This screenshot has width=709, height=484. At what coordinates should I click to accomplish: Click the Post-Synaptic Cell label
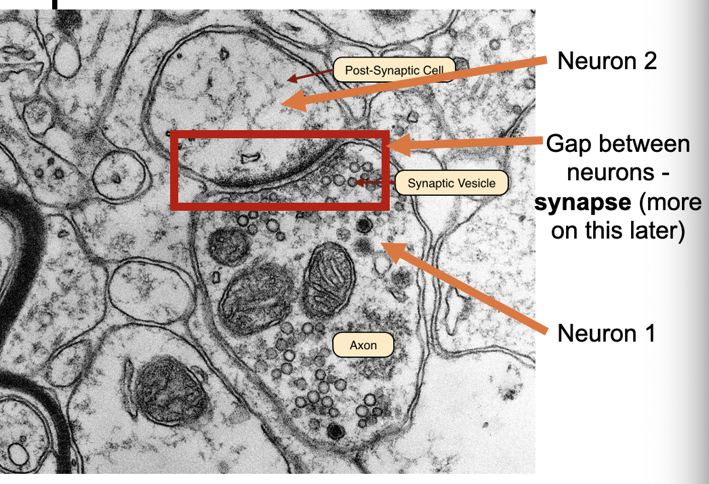coord(394,70)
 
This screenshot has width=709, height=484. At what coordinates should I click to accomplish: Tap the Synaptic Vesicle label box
coord(451,183)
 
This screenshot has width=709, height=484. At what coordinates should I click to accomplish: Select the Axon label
coord(363,345)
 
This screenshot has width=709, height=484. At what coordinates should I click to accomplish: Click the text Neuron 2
coord(607,61)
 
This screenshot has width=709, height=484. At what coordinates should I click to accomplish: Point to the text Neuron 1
coord(606,333)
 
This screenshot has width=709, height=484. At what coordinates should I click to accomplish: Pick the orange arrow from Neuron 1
coord(468,288)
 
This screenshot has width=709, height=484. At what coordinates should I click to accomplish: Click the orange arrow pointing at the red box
coord(468,142)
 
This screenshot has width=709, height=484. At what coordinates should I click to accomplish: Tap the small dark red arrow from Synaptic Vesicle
coord(373,182)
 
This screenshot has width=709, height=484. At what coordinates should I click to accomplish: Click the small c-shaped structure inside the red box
coord(251,159)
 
